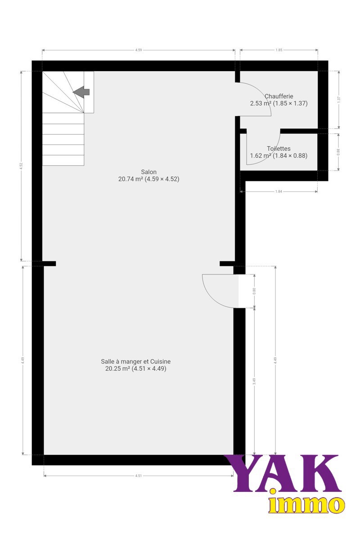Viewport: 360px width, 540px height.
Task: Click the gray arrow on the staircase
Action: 81,92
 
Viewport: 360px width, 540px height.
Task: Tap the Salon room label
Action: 148,172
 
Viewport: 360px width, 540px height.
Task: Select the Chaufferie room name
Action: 279,96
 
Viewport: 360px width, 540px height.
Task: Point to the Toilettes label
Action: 279,148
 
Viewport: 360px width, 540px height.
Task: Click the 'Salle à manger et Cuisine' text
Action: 136,361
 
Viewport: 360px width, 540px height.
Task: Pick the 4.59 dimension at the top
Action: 139,50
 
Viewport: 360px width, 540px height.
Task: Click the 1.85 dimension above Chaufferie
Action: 279,50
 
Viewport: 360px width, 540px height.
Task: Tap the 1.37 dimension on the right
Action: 338,99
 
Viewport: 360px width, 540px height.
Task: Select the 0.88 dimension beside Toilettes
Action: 338,152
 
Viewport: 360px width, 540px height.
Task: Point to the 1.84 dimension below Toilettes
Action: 279,192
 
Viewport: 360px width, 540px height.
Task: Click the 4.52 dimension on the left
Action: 21,166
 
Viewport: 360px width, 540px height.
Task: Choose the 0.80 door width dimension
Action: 254,291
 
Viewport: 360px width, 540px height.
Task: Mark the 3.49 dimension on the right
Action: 254,381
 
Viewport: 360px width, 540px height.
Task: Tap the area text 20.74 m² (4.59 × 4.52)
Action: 149,179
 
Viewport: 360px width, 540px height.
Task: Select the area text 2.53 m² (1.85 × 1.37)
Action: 279,103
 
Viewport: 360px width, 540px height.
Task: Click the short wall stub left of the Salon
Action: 49,264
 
